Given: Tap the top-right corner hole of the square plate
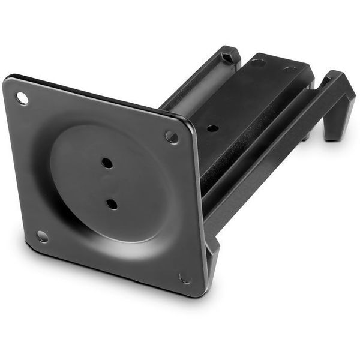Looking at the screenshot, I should pyautogui.click(x=172, y=137).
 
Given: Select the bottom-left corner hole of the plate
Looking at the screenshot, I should pyautogui.click(x=42, y=236).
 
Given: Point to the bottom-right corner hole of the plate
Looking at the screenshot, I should pyautogui.click(x=184, y=278).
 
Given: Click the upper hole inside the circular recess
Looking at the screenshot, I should pyautogui.click(x=107, y=163).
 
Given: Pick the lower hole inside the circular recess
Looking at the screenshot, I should pyautogui.click(x=112, y=203).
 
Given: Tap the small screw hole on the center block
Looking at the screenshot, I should pyautogui.click(x=212, y=128).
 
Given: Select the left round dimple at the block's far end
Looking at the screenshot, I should pyautogui.click(x=259, y=62).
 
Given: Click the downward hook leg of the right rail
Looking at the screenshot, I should pyautogui.click(x=334, y=123).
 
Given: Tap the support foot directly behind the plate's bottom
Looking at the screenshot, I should pyautogui.click(x=212, y=258).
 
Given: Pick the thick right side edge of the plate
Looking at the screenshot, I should pyautogui.click(x=200, y=210).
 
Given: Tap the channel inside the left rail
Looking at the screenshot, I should pyautogui.click(x=192, y=90).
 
